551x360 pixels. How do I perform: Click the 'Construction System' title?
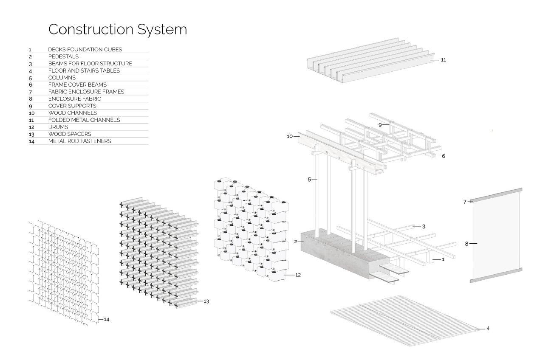[117, 29]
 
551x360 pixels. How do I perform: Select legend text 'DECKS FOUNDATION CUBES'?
[85, 49]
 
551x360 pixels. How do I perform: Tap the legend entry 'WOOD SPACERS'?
[70, 134]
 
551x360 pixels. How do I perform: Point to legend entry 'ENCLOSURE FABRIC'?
[75, 98]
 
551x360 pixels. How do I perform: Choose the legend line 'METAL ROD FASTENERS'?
[79, 141]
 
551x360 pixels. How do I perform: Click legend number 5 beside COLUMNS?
[31, 78]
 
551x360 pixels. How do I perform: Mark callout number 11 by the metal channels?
[443, 60]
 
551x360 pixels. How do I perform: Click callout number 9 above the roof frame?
[380, 125]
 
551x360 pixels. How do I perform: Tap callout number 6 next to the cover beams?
[443, 156]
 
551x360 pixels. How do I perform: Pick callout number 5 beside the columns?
[309, 180]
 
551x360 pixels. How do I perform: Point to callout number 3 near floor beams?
[424, 226]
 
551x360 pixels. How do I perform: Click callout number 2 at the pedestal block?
[295, 242]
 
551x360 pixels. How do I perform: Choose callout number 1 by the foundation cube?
[443, 259]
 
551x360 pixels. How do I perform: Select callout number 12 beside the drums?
[298, 275]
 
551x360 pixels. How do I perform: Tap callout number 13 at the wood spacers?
[206, 301]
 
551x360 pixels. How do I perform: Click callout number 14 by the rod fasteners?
[106, 319]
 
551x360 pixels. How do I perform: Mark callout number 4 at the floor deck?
[488, 328]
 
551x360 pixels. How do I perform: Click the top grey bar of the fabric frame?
[496, 195]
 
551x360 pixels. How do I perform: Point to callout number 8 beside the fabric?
[466, 244]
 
